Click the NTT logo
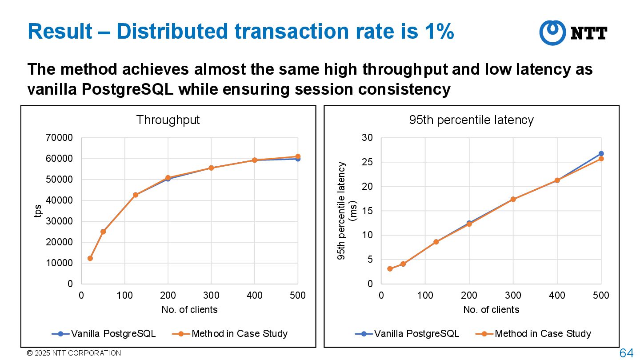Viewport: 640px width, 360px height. point(573,33)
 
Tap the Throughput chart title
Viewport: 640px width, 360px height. point(168,120)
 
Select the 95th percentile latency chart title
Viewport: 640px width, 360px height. point(471,120)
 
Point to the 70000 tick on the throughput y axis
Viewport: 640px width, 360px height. point(60,138)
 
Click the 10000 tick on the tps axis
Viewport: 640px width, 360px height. point(60,263)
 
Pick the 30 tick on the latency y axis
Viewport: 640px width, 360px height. point(367,138)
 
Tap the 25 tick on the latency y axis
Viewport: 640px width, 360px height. point(367,163)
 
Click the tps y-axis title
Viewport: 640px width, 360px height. point(38,211)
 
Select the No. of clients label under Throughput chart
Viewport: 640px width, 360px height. point(189,310)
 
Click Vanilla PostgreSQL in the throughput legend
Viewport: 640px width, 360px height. point(113,334)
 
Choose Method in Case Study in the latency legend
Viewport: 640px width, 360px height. point(543,334)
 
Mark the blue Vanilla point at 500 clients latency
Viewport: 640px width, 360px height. point(601,154)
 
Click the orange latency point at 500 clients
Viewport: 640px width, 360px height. point(601,159)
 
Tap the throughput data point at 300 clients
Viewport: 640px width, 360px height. point(211,168)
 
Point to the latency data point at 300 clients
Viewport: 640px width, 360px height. point(513,199)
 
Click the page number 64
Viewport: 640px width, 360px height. point(626,353)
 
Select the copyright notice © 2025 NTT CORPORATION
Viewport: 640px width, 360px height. point(74,353)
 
